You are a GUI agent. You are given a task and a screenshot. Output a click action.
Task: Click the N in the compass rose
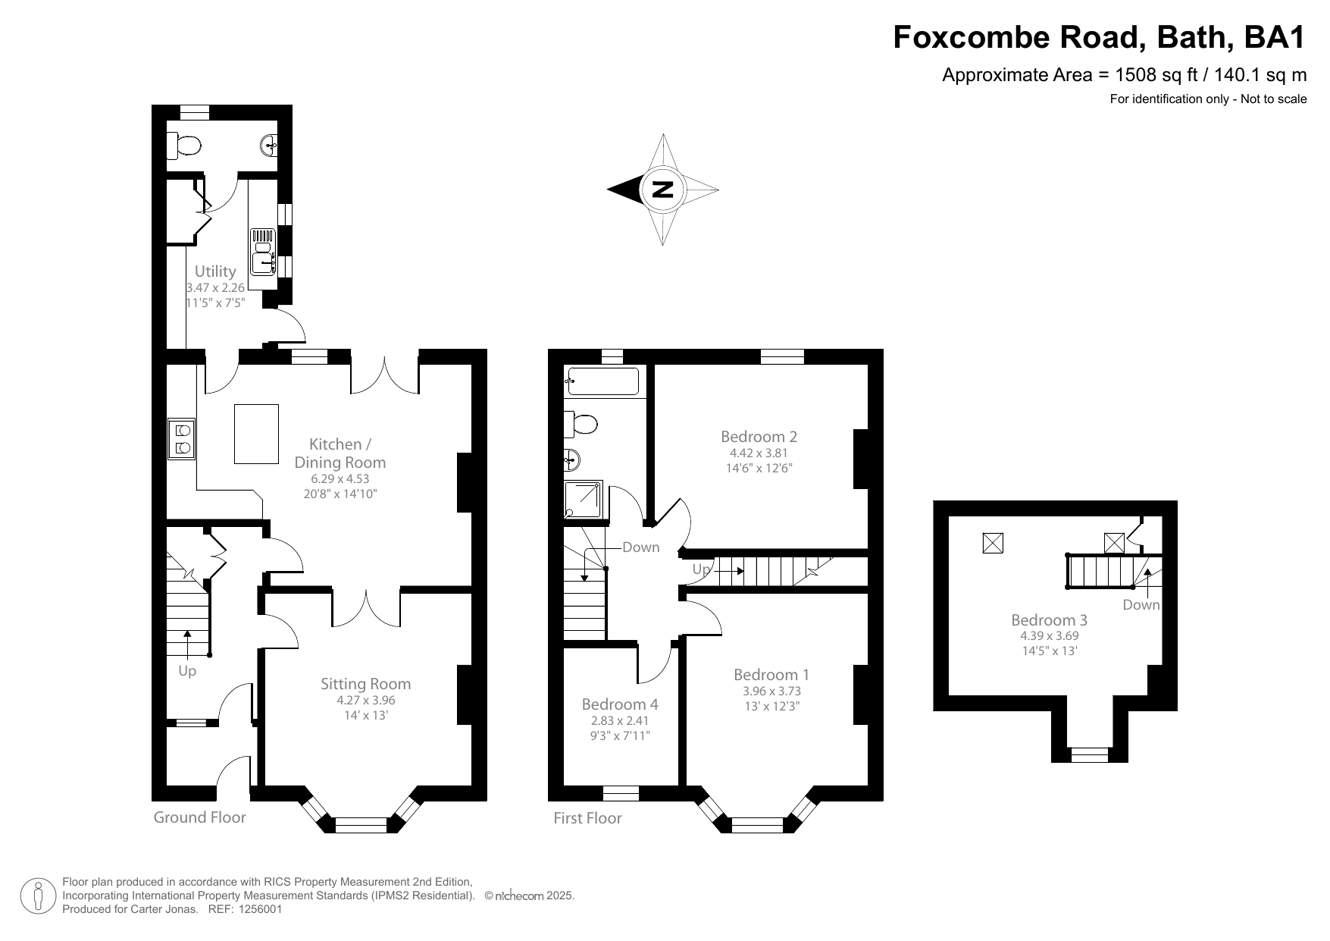point(663,190)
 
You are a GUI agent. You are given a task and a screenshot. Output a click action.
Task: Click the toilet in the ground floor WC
point(186,145)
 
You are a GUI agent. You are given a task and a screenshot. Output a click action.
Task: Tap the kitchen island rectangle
point(256,434)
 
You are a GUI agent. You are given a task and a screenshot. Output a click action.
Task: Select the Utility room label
point(215,271)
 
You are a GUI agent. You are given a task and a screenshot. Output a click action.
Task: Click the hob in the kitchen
point(182,438)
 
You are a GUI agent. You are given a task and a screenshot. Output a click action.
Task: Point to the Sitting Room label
point(365,684)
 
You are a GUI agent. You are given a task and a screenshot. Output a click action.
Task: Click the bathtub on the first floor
point(603,381)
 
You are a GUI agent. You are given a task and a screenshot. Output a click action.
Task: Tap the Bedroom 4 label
point(619,704)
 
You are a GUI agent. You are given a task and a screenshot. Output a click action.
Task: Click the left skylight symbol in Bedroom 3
point(993,542)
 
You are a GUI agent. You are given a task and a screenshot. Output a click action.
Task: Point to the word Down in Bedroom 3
point(1141,605)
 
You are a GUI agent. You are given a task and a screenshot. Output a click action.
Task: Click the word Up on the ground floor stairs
point(187,671)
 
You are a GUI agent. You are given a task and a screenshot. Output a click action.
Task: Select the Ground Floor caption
point(200,817)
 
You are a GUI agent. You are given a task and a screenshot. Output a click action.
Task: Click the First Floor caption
point(587,818)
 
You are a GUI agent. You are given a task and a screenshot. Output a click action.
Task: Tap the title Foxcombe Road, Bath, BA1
point(1100,37)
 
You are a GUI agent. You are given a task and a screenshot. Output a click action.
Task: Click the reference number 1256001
point(260,909)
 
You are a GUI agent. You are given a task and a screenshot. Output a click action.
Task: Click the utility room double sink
point(263,252)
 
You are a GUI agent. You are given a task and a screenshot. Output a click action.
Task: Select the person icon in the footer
point(38,896)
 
